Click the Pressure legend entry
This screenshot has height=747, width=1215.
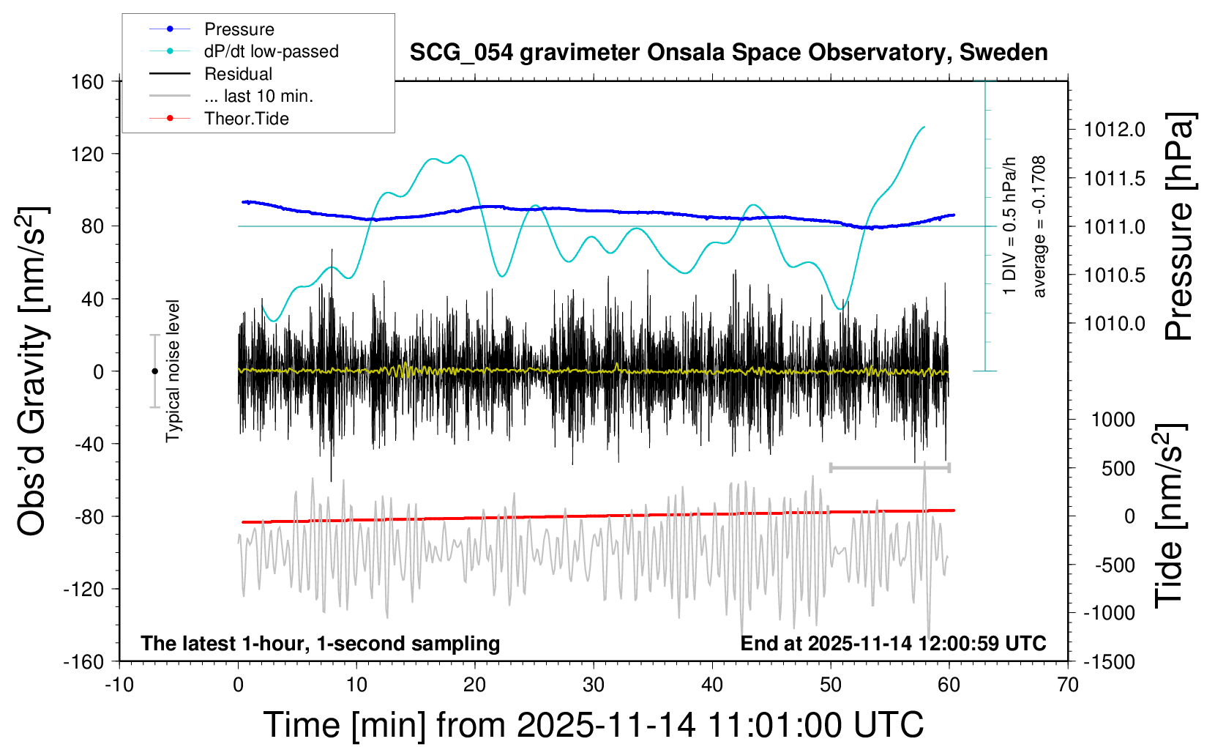(239, 29)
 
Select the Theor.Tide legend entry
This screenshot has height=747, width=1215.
(246, 119)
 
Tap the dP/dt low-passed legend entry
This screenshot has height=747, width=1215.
(271, 51)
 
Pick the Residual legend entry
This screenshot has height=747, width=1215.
(238, 74)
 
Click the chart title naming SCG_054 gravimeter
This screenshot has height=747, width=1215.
(728, 53)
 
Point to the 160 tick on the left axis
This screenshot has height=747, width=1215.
(88, 81)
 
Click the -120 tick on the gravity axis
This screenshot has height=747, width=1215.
(83, 589)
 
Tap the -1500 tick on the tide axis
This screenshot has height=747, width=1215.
(1108, 661)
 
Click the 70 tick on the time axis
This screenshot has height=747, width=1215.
(1068, 685)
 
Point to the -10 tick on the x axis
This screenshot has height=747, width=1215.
(119, 685)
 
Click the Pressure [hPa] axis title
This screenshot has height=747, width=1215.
(1180, 226)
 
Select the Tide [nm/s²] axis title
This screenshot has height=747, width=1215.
(1170, 516)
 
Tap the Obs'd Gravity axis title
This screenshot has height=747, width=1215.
(33, 371)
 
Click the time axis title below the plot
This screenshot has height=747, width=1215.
(593, 725)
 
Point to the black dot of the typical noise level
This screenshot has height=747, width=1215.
(154, 371)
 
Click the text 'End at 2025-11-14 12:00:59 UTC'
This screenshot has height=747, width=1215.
(893, 643)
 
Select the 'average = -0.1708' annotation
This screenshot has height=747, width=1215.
(1039, 226)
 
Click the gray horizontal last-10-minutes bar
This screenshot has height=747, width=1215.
(889, 467)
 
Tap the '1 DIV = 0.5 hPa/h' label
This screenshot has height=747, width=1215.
(1010, 226)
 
